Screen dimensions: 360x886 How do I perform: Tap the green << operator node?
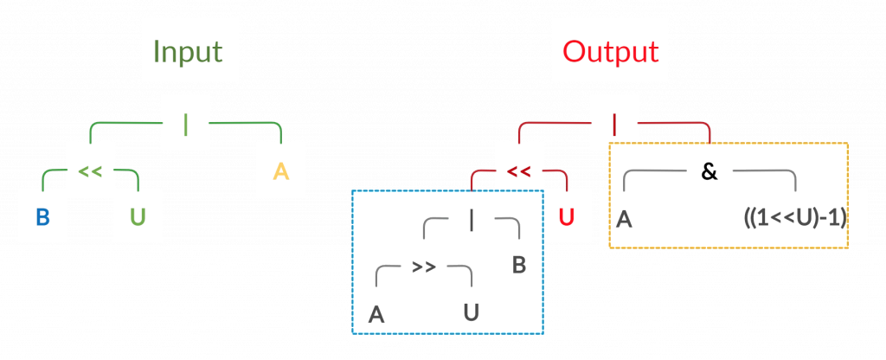tap(90, 170)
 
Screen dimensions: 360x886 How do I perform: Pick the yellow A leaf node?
tap(280, 170)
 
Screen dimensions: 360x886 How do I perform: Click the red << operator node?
tap(518, 170)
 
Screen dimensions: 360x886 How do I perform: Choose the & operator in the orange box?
tap(709, 171)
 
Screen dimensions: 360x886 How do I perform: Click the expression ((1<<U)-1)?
tap(793, 217)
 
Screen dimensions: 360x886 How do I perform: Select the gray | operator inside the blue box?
tap(471, 221)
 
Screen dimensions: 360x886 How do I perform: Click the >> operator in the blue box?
tap(423, 267)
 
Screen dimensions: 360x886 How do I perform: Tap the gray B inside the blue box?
tap(518, 265)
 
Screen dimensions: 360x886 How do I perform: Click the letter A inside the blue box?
tap(376, 315)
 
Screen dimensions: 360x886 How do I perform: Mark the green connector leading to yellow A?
tap(251, 125)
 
